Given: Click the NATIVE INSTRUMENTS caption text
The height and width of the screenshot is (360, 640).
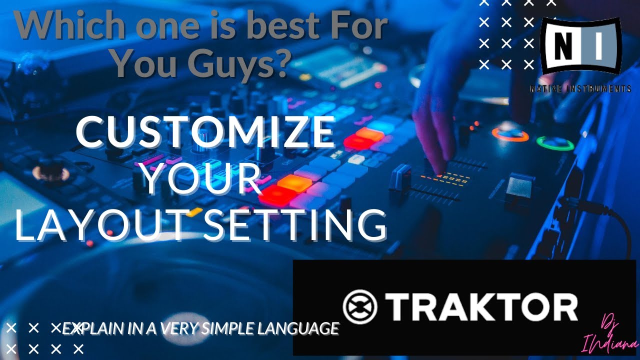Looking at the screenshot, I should (580, 89).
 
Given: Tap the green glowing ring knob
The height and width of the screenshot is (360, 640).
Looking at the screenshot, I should (555, 143).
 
